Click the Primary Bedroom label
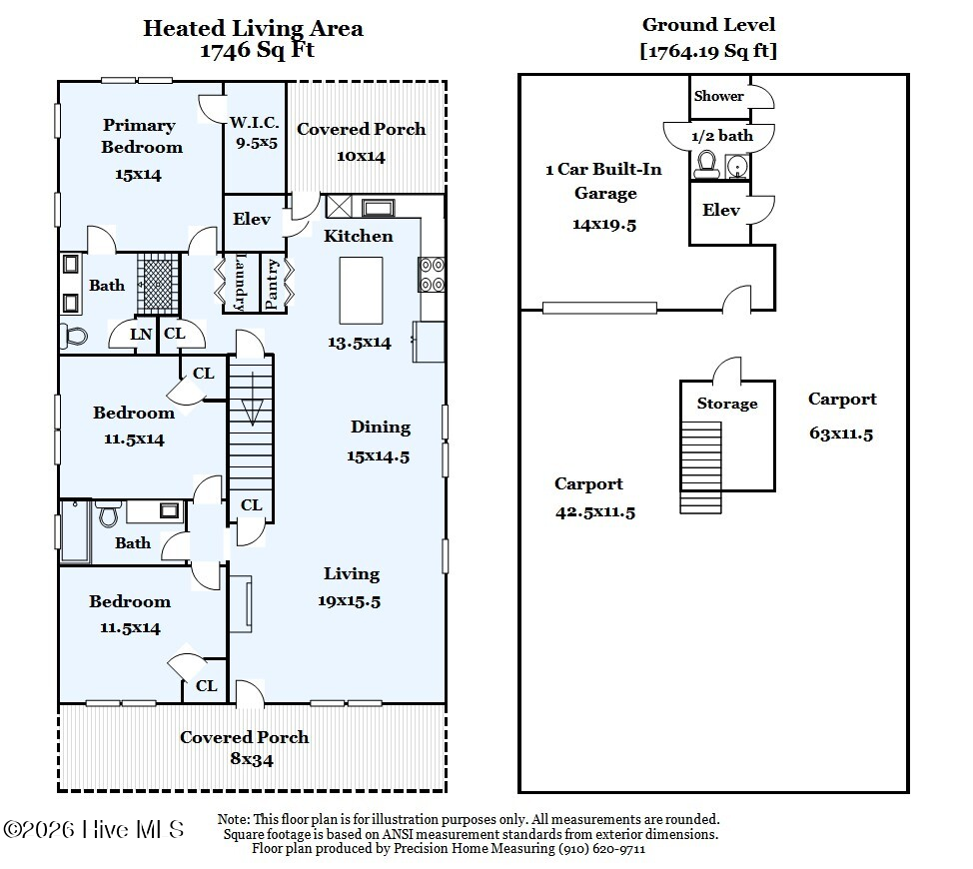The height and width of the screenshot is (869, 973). pyautogui.click(x=142, y=136)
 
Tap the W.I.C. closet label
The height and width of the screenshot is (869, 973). pyautogui.click(x=255, y=122)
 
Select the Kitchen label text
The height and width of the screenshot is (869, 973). pyautogui.click(x=358, y=236)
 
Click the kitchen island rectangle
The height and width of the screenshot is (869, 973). pyautogui.click(x=361, y=291)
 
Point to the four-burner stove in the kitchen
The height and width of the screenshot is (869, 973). pyautogui.click(x=432, y=275)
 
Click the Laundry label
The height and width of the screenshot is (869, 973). pyautogui.click(x=240, y=282)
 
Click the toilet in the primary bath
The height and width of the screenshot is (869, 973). pyautogui.click(x=74, y=338)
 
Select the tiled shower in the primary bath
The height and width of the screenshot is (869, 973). pyautogui.click(x=158, y=283)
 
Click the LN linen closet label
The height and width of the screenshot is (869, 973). pyautogui.click(x=141, y=335)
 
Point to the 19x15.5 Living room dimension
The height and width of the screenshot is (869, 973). pyautogui.click(x=350, y=601)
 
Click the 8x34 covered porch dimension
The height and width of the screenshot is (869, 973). pyautogui.click(x=252, y=759)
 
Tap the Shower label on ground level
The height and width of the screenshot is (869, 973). pyautogui.click(x=718, y=96)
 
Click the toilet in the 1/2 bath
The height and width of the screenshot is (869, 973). pyautogui.click(x=705, y=165)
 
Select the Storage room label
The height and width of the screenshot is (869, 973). pyautogui.click(x=727, y=404)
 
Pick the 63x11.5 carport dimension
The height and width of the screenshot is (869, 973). pyautogui.click(x=841, y=434)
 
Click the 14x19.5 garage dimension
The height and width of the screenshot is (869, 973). pyautogui.click(x=604, y=225)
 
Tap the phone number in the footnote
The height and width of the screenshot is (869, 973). pyautogui.click(x=602, y=849)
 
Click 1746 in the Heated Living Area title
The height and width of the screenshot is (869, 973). pyautogui.click(x=225, y=50)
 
